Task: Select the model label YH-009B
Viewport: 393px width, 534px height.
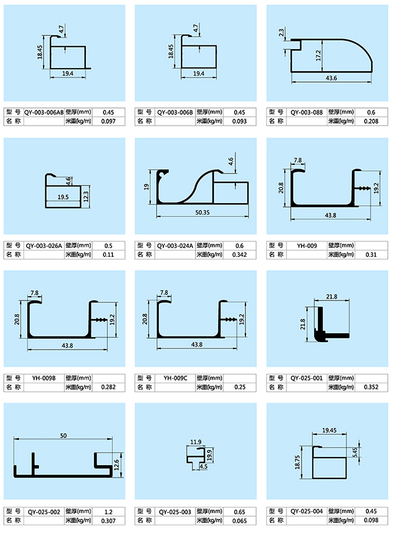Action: point(45,378)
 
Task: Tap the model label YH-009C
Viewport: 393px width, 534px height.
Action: point(175,378)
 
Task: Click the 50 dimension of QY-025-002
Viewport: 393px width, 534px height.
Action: point(63,436)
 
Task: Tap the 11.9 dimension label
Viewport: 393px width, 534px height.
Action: point(196,442)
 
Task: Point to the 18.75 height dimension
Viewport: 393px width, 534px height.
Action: point(297,463)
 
